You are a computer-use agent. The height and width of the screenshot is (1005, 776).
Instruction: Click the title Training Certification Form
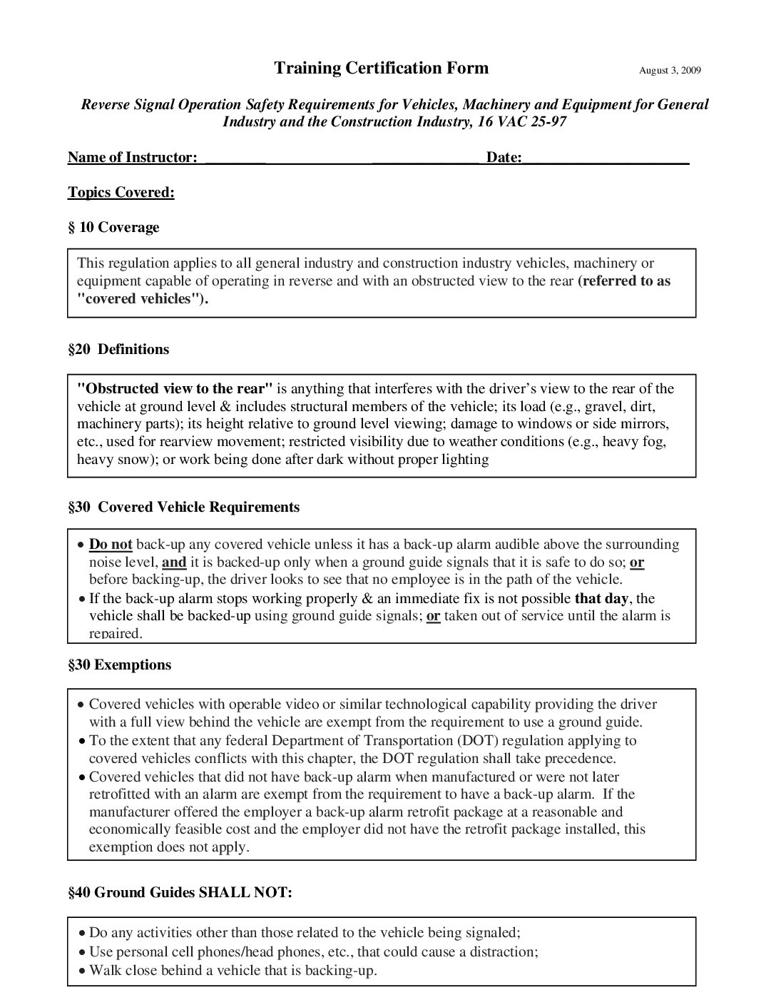coord(382,68)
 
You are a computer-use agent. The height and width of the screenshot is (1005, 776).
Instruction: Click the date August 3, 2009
coord(670,70)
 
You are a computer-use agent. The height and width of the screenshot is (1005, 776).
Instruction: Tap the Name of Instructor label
coord(132,157)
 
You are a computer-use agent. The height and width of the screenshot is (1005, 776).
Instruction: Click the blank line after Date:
coord(606,158)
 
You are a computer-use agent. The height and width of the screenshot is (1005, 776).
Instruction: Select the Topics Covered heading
coord(121,192)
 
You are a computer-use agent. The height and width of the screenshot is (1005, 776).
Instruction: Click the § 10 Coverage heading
coord(113,227)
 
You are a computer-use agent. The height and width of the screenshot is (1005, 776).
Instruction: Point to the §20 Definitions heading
coord(118,349)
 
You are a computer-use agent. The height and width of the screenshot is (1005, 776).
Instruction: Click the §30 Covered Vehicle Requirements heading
coord(184,507)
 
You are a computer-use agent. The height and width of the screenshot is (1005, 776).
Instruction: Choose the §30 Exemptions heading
coord(120,665)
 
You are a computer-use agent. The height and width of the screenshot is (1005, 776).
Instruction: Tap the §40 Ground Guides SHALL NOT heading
coord(180,892)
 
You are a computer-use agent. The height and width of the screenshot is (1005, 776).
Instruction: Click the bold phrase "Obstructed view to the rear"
coord(175,389)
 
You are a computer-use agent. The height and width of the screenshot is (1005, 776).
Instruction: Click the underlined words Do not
coord(111,545)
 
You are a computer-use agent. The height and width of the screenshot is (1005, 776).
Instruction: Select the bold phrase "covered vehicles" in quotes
coord(143,298)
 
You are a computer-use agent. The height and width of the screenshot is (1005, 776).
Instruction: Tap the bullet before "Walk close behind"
coord(83,971)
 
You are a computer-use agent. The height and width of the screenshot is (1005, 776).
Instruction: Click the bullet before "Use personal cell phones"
coord(83,952)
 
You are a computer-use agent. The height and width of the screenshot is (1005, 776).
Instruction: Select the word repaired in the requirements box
coord(116,633)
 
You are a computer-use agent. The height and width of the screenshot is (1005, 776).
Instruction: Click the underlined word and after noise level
coord(174,562)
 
